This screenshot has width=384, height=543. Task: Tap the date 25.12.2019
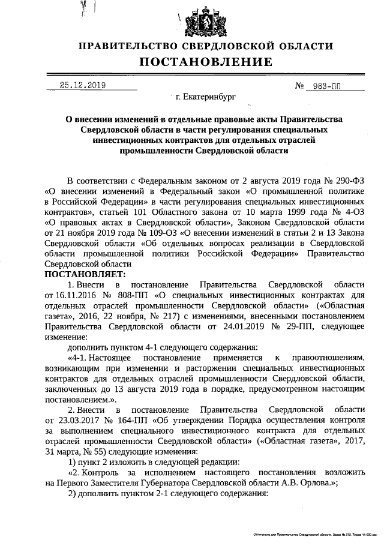click(x=83, y=85)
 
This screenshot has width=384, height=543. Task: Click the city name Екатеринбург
click(x=205, y=95)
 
